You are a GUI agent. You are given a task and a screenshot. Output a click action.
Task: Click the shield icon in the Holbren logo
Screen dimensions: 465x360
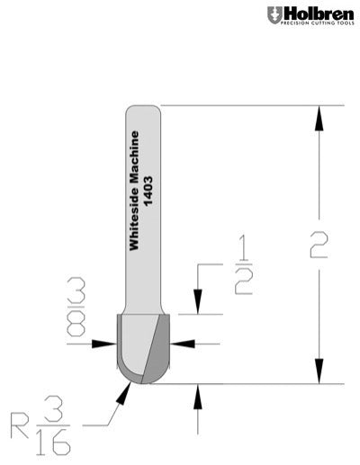273,14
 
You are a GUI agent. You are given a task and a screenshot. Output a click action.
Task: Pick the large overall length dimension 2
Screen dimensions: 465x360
319,244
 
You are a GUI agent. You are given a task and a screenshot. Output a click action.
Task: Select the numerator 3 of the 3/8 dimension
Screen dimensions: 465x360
76,290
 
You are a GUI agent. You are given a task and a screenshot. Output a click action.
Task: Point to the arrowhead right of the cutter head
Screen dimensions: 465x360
182,343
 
